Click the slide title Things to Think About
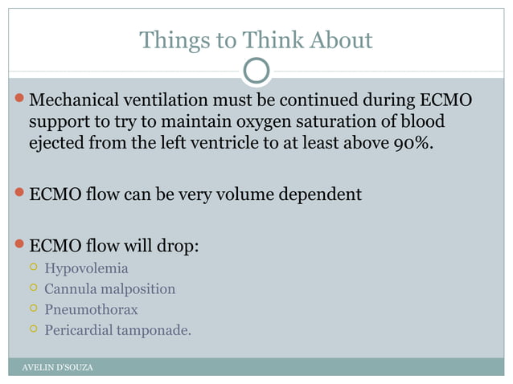tap(256, 39)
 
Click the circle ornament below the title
tap(256, 71)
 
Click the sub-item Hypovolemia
tap(86, 268)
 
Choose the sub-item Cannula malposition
tap(109, 288)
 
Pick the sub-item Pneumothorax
tap(91, 308)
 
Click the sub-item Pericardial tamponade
tap(117, 329)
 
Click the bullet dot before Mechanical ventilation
tap(19, 102)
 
